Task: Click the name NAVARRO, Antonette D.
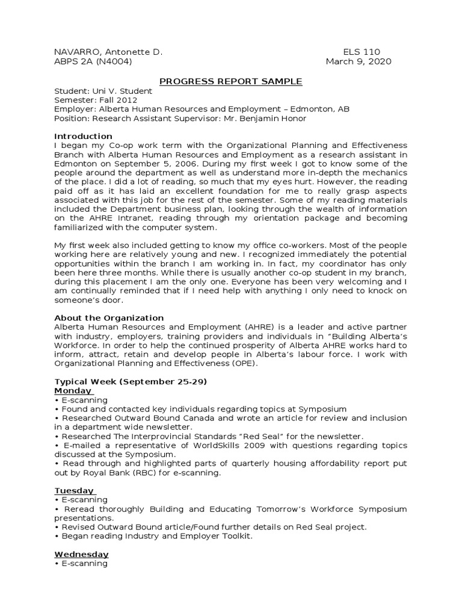tap(108, 52)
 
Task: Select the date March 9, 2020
tap(359, 61)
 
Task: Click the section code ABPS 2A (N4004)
tap(93, 61)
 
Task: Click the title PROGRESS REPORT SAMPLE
tap(230, 81)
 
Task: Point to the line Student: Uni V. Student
tap(103, 91)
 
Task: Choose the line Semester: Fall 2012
tap(96, 100)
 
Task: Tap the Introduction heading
tap(84, 136)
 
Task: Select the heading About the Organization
tap(109, 318)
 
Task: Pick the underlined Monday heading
tap(74, 390)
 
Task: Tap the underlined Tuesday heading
tap(74, 490)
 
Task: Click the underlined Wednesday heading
tap(81, 554)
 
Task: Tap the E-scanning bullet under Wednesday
tap(83, 563)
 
